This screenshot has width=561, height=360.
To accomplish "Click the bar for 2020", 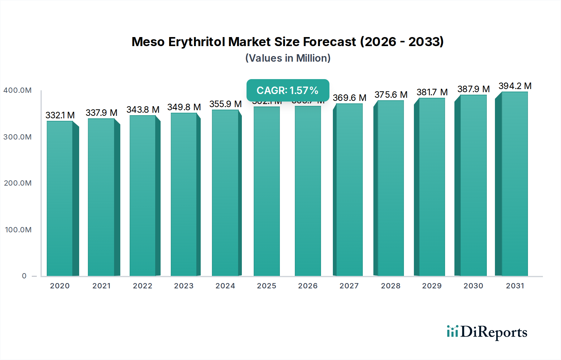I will click(x=60, y=198).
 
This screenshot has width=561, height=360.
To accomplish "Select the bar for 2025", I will click(x=267, y=191).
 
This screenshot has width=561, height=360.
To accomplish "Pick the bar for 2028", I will click(x=391, y=188).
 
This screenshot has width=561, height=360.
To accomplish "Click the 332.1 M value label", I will click(x=60, y=115).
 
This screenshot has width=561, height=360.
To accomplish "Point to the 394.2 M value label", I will click(x=515, y=86).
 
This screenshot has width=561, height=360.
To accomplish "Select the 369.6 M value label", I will click(x=349, y=98).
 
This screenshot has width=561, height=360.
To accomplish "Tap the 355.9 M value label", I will click(x=225, y=104).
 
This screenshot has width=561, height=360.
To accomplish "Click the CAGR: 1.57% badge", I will click(x=288, y=90).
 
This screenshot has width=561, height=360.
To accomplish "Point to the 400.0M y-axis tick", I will click(x=17, y=90).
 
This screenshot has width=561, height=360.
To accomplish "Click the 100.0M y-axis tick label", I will click(x=18, y=230).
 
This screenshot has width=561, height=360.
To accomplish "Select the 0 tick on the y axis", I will click(x=24, y=276).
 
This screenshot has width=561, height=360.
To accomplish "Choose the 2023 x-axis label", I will click(x=184, y=286).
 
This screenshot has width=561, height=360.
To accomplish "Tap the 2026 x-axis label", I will click(x=308, y=286).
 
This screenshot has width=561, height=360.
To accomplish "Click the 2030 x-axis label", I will click(x=473, y=286).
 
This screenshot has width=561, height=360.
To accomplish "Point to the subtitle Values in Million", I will click(x=288, y=58).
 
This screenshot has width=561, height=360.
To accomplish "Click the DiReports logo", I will click(x=487, y=332).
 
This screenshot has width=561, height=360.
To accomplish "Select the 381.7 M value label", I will click(x=432, y=92).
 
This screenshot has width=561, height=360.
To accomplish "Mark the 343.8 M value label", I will click(x=143, y=110).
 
